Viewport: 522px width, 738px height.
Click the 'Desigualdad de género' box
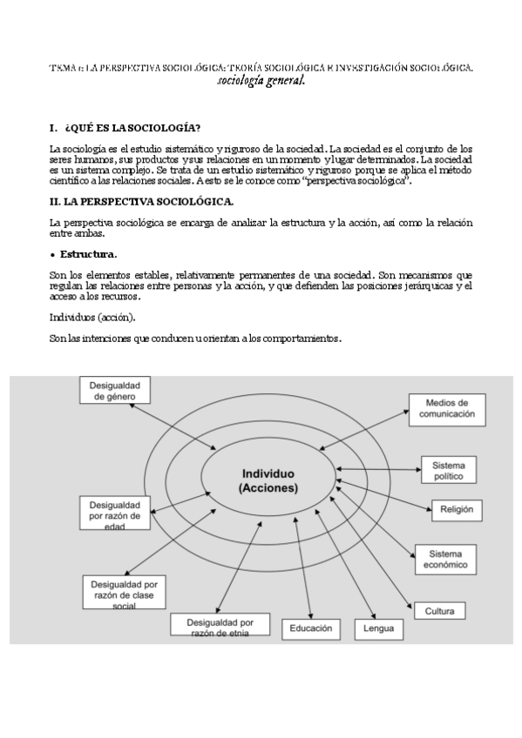[122, 390]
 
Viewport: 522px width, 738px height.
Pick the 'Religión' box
[457, 507]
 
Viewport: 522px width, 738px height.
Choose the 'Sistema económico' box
[446, 559]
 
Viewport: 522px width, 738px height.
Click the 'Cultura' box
[439, 610]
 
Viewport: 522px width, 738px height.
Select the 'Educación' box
[310, 627]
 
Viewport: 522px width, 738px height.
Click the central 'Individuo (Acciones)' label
[268, 480]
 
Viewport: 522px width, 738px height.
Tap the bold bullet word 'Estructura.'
[89, 253]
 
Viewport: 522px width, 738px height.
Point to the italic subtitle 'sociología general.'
[261, 81]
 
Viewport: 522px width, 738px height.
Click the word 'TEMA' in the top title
[62, 67]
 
